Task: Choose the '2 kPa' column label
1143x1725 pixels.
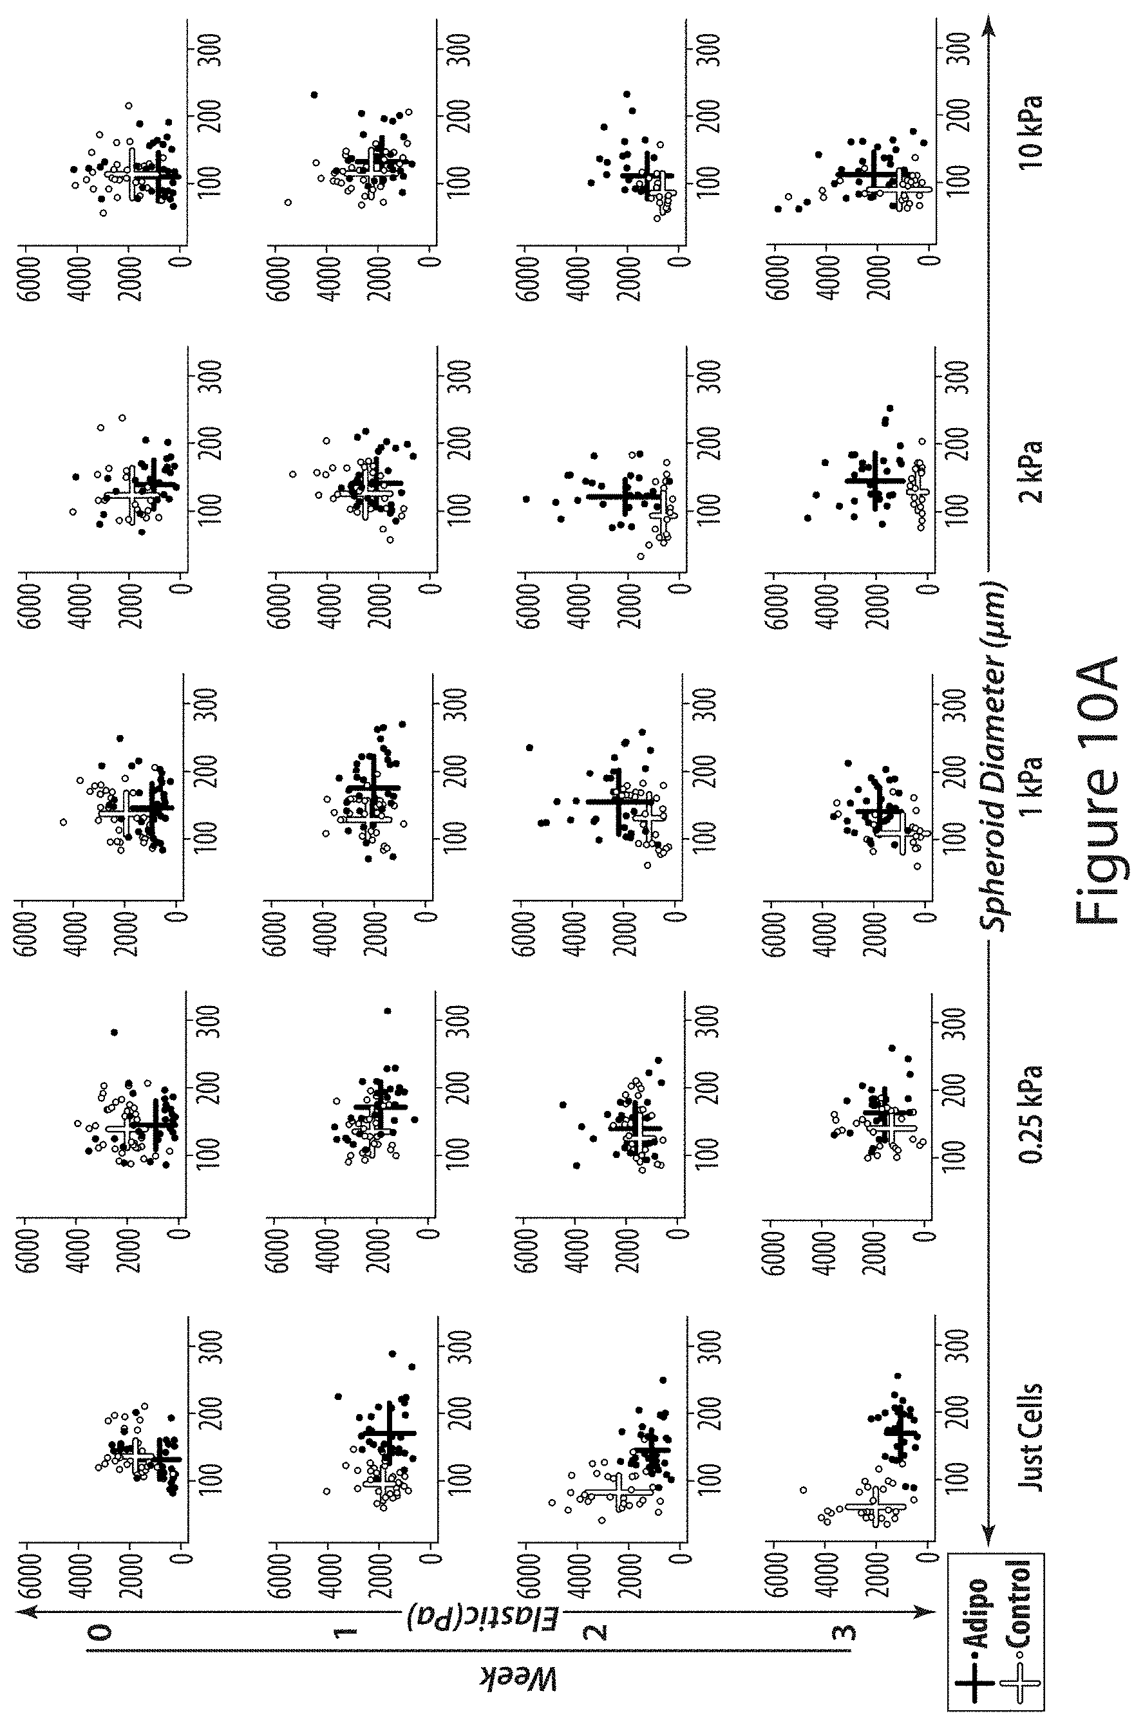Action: [x=1031, y=471]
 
